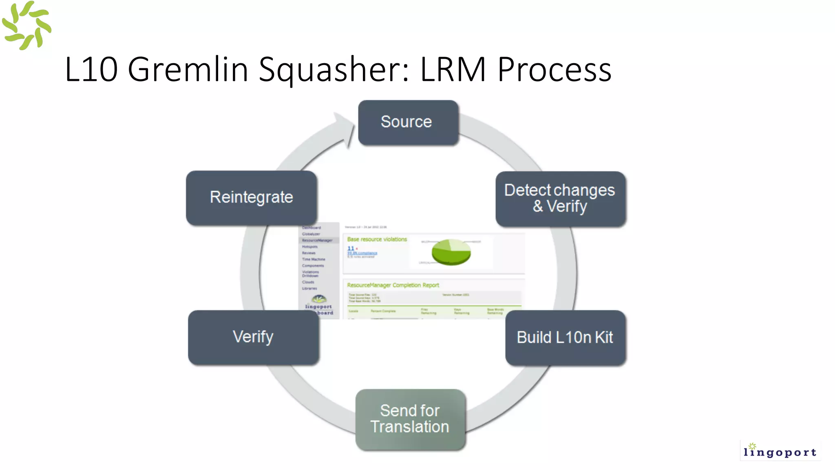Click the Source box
408,122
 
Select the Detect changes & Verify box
560,199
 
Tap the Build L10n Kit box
565,337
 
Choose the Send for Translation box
410,419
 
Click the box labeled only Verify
253,337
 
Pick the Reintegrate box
252,197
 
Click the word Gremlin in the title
188,69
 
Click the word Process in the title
554,69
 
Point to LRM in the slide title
453,69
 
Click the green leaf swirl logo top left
27,26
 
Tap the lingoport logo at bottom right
780,450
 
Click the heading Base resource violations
377,239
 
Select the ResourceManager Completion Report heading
393,285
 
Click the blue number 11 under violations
351,248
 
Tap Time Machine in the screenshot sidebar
314,259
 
